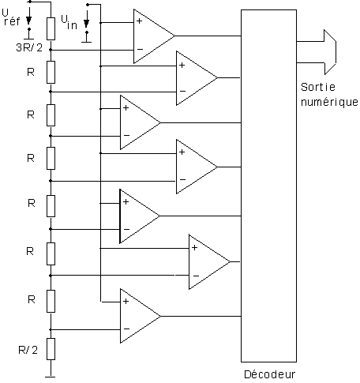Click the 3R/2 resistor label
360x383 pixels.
(x=29, y=47)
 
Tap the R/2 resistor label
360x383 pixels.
(x=28, y=350)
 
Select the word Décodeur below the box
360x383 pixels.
(x=270, y=374)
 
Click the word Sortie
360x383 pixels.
(x=318, y=87)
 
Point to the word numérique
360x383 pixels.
(x=329, y=102)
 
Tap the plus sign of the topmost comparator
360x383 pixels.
(x=140, y=21)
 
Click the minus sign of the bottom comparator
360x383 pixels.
(x=126, y=329)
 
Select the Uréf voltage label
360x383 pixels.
(x=11, y=17)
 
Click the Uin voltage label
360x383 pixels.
(x=69, y=22)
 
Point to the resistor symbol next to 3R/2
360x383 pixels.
(x=51, y=28)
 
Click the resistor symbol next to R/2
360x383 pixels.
(x=51, y=349)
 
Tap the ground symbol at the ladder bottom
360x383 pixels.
(x=51, y=377)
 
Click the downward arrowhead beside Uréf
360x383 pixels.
(x=29, y=21)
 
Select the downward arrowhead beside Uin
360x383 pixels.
(x=86, y=23)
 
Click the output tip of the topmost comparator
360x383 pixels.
(x=174, y=36)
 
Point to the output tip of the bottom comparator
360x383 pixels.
(x=160, y=316)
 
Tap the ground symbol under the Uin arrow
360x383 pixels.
(x=87, y=42)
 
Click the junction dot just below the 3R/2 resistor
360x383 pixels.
(x=51, y=50)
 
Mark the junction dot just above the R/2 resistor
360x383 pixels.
(x=51, y=329)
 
